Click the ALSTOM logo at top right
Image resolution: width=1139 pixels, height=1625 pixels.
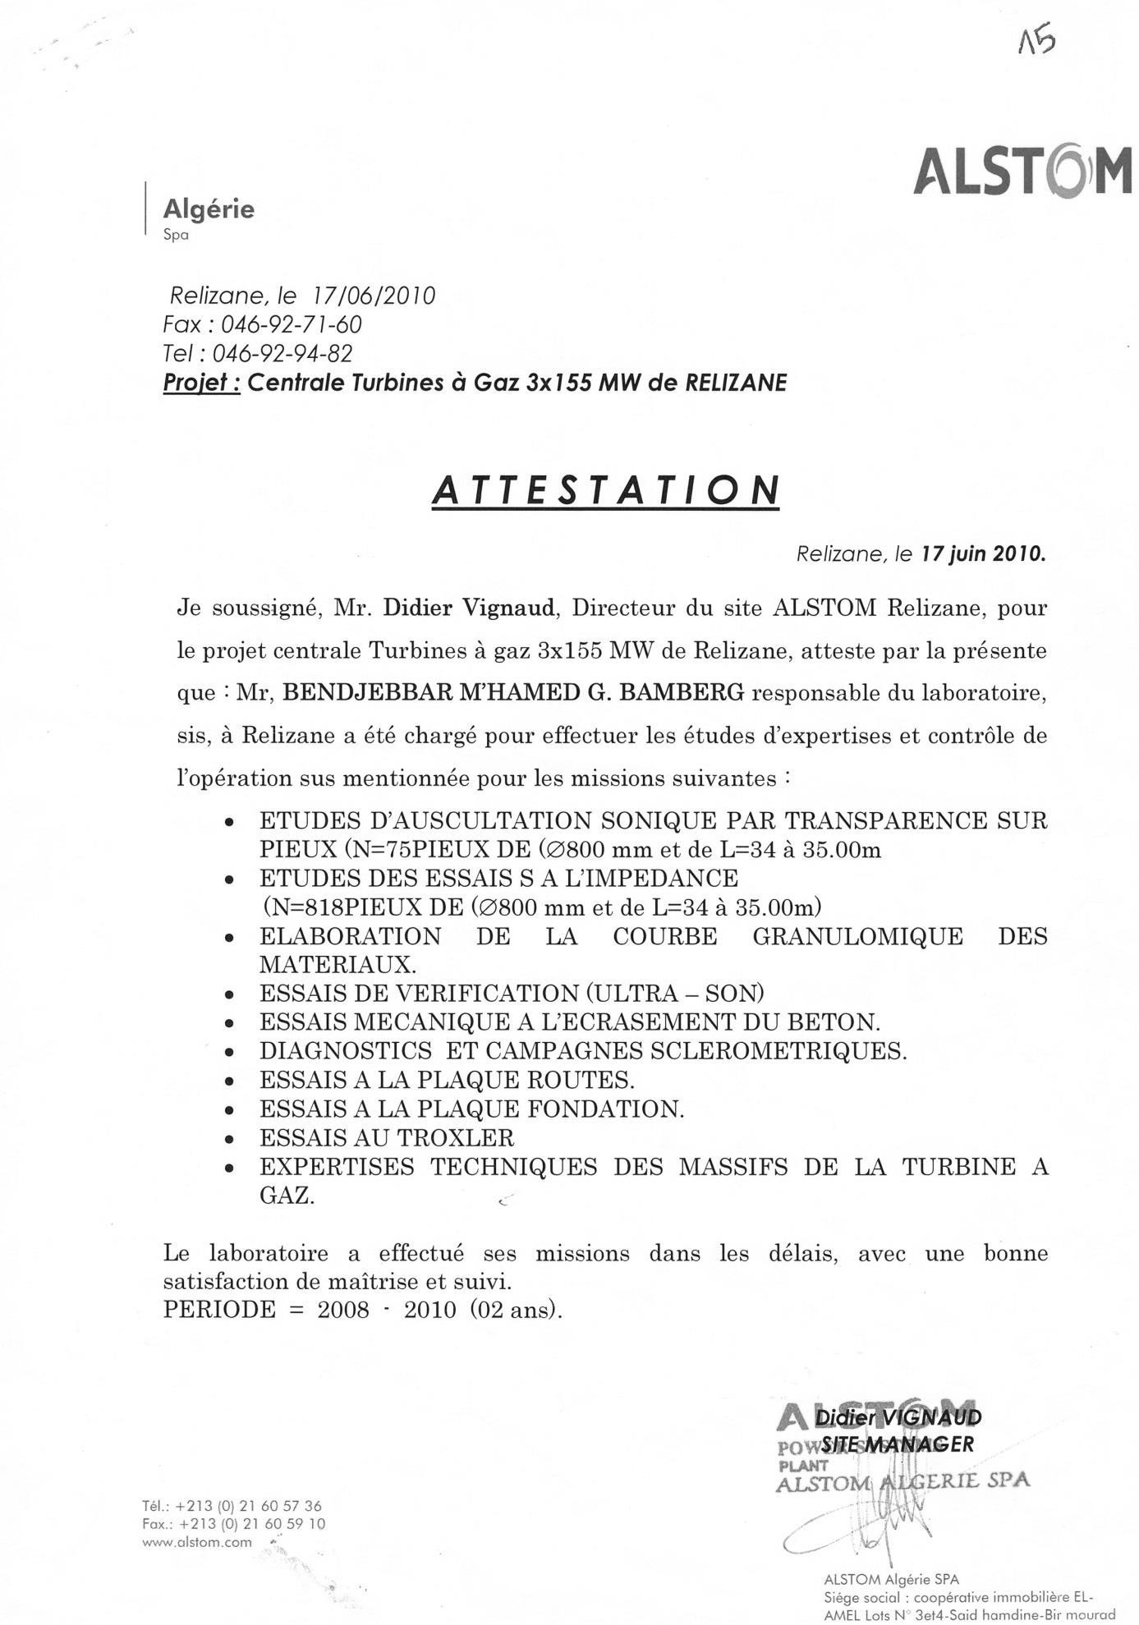click(x=1022, y=171)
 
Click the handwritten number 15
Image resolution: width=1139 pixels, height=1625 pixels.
click(x=1036, y=40)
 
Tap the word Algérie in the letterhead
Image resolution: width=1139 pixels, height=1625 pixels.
click(x=209, y=209)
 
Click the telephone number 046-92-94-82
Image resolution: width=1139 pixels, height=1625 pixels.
click(x=282, y=354)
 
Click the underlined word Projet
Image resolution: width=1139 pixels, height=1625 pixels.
click(x=200, y=383)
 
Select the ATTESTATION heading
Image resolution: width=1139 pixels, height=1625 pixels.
click(x=605, y=490)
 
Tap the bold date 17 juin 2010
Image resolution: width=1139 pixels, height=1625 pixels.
click(x=984, y=554)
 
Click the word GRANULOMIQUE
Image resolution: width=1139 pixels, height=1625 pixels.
click(x=857, y=936)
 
